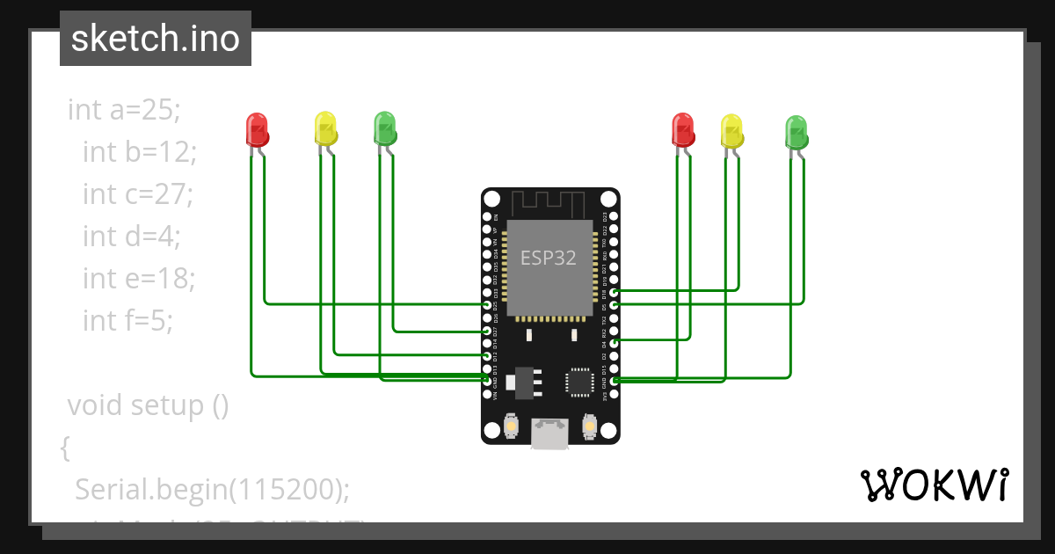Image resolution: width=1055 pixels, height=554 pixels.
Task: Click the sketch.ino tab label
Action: point(156,40)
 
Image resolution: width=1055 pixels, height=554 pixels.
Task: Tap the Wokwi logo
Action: point(934,485)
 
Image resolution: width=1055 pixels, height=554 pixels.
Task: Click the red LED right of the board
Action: point(683,129)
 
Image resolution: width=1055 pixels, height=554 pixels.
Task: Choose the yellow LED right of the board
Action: point(731,130)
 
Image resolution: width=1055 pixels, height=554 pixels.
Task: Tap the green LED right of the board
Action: point(796,131)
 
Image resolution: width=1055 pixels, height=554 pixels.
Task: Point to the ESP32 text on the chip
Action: point(549,258)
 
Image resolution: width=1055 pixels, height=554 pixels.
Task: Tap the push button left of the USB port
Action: point(511,428)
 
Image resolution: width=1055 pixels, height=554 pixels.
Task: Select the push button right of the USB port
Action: point(590,428)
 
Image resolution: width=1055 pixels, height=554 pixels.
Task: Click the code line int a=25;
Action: point(124,110)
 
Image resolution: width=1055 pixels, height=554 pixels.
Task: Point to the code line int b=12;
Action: point(140,151)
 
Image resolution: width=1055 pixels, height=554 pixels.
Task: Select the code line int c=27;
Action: point(137,193)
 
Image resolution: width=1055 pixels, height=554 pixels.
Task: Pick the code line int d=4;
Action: point(131,236)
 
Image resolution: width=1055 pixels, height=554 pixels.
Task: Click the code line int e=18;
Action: point(138,278)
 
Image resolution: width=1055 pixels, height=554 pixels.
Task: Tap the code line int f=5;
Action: point(128,320)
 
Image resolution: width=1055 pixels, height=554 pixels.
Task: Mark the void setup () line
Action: point(148,406)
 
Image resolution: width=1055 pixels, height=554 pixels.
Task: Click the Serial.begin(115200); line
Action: point(212,490)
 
